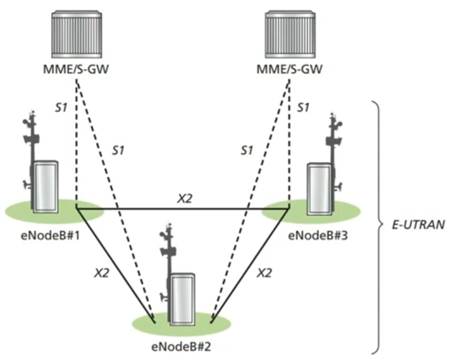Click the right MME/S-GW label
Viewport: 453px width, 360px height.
click(290, 69)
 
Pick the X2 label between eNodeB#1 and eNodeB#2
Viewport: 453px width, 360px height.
click(101, 273)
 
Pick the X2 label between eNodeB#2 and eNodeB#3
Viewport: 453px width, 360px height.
click(264, 273)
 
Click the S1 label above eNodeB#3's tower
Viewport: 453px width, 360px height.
click(303, 107)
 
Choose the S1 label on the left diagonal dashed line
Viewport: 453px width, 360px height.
click(119, 151)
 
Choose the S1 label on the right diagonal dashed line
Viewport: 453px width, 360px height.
click(247, 151)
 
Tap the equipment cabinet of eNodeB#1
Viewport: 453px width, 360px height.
click(45, 186)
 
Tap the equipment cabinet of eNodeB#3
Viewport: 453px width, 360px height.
click(319, 189)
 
